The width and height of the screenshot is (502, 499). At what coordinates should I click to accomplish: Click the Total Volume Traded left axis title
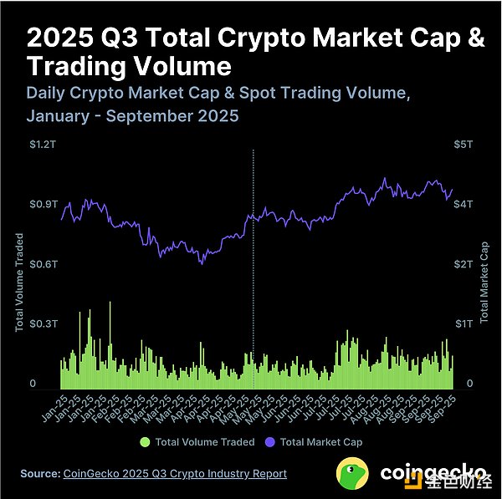click(19, 283)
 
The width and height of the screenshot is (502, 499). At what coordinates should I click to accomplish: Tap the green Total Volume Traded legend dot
click(146, 441)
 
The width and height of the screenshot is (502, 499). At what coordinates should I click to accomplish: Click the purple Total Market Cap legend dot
click(270, 441)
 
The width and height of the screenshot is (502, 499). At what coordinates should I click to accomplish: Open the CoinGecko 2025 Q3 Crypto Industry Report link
click(175, 474)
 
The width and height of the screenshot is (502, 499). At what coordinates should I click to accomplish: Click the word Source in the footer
click(39, 474)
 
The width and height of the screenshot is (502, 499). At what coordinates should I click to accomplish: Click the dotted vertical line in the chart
click(253, 267)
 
